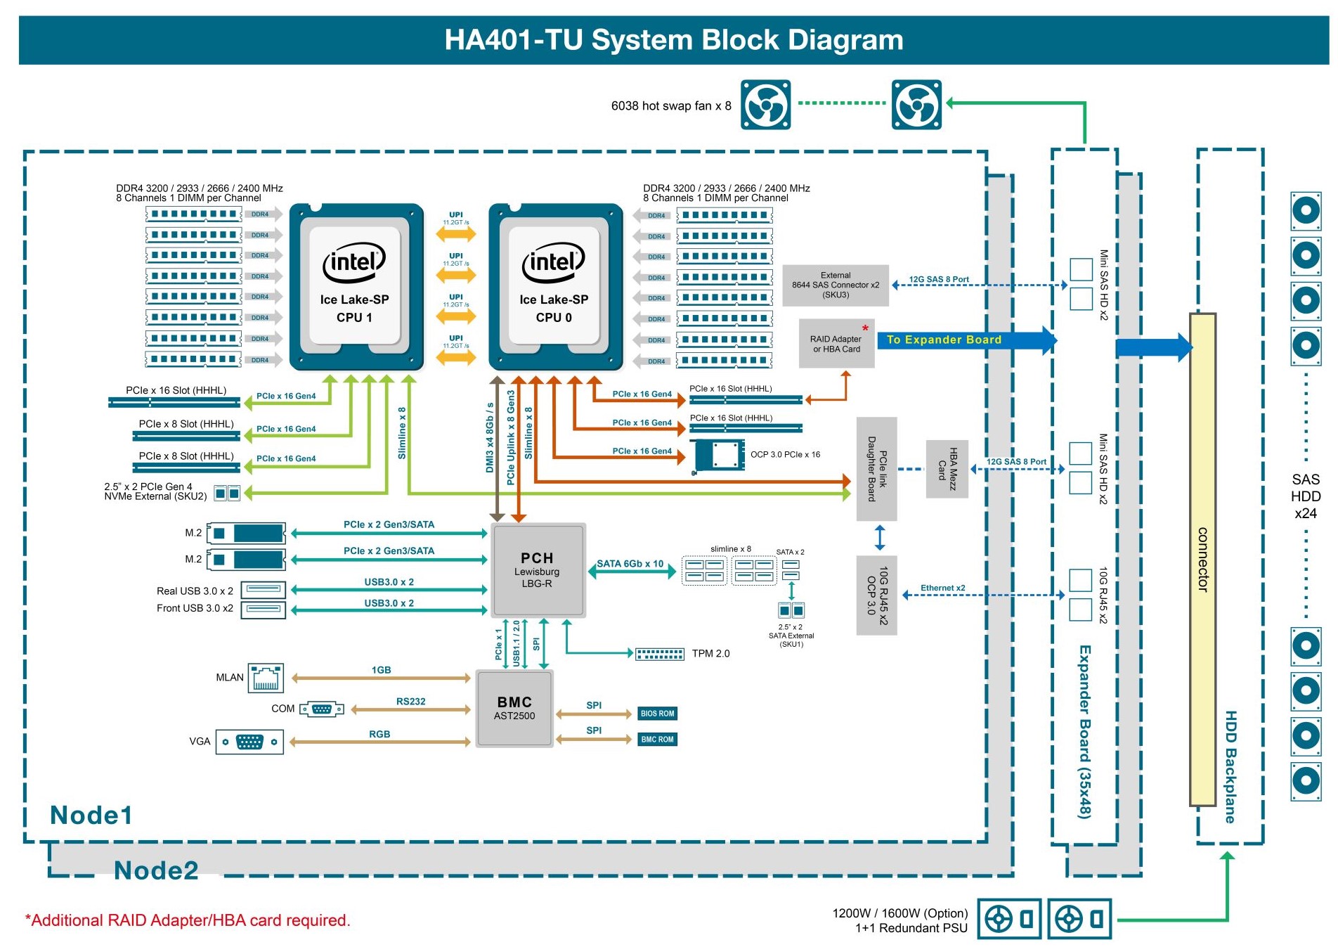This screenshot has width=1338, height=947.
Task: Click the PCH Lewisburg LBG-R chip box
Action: tap(538, 570)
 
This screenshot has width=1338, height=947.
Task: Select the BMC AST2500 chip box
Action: tap(514, 708)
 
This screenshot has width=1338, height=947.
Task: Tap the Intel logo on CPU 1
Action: tap(354, 262)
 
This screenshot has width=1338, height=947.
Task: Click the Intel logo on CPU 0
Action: tap(553, 262)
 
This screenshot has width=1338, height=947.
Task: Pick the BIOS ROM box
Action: tap(657, 714)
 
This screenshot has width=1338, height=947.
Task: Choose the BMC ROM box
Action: tap(657, 740)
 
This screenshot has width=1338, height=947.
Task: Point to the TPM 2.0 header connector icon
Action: tap(659, 654)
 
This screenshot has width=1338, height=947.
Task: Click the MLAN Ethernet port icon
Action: tap(266, 678)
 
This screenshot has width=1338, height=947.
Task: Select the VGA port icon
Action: tap(249, 742)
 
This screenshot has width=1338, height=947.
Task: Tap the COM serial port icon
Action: tap(321, 709)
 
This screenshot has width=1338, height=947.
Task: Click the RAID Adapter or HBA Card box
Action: tap(836, 344)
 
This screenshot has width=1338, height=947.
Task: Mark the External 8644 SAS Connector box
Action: tap(835, 285)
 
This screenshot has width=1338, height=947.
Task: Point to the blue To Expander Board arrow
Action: tap(966, 340)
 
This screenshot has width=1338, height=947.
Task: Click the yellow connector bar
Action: tap(1202, 560)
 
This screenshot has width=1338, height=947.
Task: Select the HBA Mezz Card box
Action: tap(947, 469)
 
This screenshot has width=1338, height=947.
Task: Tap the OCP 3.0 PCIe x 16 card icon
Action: tap(719, 456)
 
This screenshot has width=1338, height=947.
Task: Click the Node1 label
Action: tap(91, 815)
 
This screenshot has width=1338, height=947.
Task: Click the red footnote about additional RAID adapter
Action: tap(188, 920)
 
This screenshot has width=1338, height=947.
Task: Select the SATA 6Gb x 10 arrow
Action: tap(631, 572)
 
